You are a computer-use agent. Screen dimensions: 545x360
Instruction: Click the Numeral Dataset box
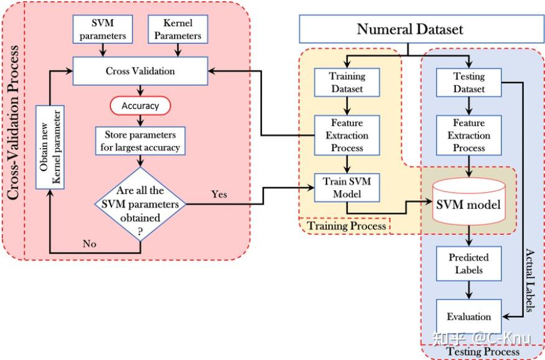(422, 29)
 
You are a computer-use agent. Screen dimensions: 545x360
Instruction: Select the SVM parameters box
(103, 29)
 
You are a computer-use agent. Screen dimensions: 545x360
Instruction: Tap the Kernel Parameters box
(178, 29)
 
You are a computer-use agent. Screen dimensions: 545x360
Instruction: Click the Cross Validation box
(140, 71)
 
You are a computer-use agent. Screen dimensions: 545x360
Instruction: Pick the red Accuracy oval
(140, 106)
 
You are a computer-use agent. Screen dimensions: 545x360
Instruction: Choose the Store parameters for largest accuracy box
(140, 141)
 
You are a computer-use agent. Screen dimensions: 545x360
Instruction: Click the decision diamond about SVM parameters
(140, 204)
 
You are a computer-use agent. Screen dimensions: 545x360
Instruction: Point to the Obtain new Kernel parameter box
(50, 147)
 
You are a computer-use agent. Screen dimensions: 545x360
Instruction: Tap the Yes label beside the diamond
(219, 194)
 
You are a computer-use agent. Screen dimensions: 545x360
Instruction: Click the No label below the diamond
(90, 244)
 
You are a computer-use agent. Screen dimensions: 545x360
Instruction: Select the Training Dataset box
(347, 82)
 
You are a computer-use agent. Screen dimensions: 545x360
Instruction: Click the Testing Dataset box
(469, 82)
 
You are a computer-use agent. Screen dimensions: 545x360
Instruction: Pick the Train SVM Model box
(347, 188)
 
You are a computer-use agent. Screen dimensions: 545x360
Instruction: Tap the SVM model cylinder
(469, 202)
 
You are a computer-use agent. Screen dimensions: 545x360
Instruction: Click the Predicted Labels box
(469, 264)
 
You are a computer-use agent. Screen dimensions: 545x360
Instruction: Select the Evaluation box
(469, 316)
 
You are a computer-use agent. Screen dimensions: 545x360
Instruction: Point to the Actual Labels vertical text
(529, 280)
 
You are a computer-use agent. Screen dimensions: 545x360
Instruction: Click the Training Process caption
(347, 226)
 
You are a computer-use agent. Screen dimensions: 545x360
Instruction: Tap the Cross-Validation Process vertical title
(13, 122)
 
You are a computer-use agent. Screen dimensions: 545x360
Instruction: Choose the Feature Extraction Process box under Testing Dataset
(469, 135)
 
